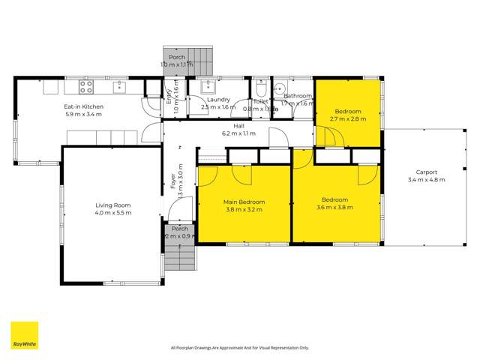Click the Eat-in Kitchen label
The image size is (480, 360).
(x=83, y=106)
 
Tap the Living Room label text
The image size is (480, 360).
(x=112, y=205)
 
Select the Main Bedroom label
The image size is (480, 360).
(x=243, y=202)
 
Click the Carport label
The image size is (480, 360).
(x=421, y=172)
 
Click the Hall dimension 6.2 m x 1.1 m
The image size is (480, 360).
(x=238, y=133)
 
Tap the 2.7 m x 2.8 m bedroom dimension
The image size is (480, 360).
(x=349, y=118)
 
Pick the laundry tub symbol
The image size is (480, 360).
(x=207, y=86)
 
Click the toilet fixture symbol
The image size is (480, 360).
(x=259, y=87)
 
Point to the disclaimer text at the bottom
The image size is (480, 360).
(x=240, y=348)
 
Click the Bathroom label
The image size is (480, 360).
(x=298, y=96)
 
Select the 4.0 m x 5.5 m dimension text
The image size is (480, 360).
(x=112, y=213)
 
